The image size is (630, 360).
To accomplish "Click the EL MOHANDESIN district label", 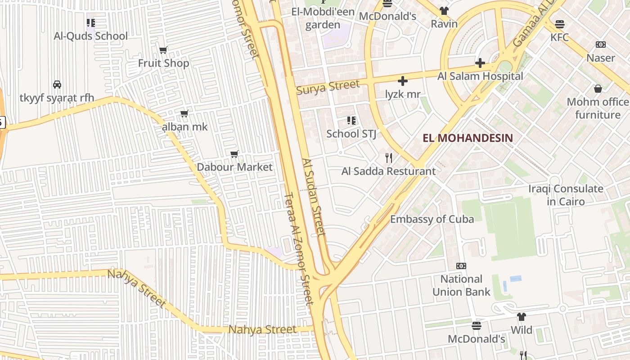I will tap(468, 138).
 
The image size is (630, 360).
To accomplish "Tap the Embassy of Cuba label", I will tap(432, 219).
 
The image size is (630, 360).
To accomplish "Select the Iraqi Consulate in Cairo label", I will tap(566, 195).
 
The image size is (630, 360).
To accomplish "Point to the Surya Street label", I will tap(328, 86).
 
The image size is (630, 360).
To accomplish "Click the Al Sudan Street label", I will tap(314, 197).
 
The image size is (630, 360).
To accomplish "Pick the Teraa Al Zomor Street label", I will tap(298, 250).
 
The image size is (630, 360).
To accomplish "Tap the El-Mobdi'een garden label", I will tap(323, 18).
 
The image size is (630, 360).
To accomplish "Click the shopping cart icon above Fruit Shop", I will tap(163, 50).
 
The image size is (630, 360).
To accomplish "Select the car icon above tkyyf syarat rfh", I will tap(57, 84).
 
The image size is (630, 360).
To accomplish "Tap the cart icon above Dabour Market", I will tap(234, 154).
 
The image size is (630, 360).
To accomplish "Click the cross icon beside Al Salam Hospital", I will tap(480, 63).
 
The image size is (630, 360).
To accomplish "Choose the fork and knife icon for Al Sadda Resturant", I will tap(389, 158).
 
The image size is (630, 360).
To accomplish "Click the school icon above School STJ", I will tap(351, 121).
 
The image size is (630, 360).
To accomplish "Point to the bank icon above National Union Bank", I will tap(461, 266).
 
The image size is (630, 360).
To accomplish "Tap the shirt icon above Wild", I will tap(521, 317).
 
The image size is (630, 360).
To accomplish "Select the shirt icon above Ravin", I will tap(444, 11).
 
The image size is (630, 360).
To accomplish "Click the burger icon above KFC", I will tap(560, 24).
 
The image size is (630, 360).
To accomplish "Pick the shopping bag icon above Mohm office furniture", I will tap(598, 89).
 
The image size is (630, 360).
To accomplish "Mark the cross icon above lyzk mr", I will tap(403, 81).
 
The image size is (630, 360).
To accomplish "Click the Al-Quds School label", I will tap(91, 36).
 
